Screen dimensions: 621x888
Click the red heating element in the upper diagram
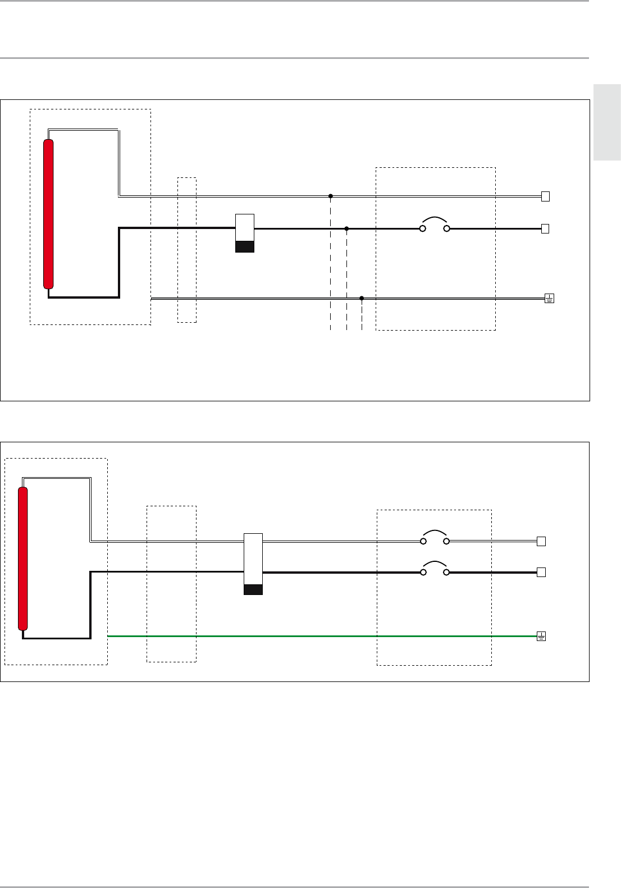click(x=49, y=214)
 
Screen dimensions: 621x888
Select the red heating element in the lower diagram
click(x=23, y=559)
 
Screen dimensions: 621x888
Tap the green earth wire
click(x=320, y=637)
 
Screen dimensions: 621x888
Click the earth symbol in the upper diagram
click(x=549, y=299)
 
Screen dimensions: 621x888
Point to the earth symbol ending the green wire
click(x=541, y=637)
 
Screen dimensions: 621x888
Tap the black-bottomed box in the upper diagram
click(x=245, y=233)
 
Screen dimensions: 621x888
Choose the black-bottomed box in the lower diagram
click(x=253, y=564)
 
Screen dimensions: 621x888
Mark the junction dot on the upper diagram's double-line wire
click(x=331, y=196)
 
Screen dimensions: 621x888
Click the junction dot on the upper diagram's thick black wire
click(x=346, y=228)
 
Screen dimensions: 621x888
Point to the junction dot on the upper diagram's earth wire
click(x=362, y=298)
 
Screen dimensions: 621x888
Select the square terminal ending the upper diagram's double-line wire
click(x=545, y=196)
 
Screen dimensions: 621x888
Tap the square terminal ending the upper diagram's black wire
click(x=545, y=228)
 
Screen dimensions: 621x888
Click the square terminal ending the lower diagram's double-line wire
click(x=541, y=542)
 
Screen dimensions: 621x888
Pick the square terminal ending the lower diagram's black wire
click(x=541, y=573)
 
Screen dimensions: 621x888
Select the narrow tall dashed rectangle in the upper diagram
click(x=187, y=250)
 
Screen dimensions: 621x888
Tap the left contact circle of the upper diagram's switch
click(x=422, y=228)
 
